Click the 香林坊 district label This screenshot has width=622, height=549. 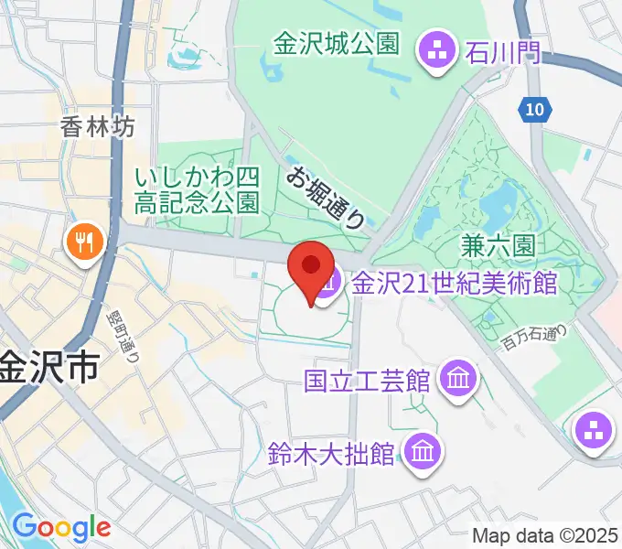coord(98,127)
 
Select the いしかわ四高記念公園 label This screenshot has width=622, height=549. coord(197,189)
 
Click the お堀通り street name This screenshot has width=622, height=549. coord(327,198)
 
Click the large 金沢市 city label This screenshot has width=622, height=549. coord(49,368)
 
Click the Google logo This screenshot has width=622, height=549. coord(61,527)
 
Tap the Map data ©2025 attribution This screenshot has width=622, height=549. coord(545,535)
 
